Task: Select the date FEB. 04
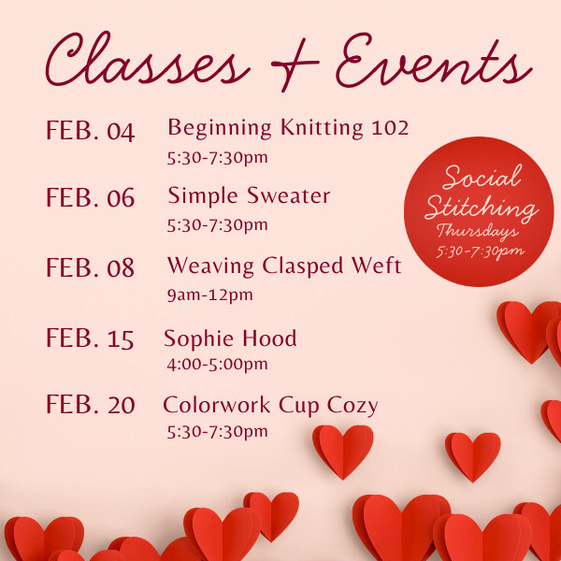pos(90,131)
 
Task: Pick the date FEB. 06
pos(90,198)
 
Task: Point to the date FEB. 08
pos(90,268)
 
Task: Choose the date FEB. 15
pos(90,338)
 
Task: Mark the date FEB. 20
pos(90,406)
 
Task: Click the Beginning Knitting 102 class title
pos(288,127)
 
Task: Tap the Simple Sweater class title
pos(249,195)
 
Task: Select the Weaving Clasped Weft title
pos(284,266)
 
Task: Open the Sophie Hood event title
pos(230,338)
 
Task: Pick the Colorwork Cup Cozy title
pos(270,405)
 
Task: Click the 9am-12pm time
pos(209,295)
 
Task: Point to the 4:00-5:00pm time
pos(217,364)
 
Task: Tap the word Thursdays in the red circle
pos(479,232)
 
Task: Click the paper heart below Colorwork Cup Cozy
pos(342,449)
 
